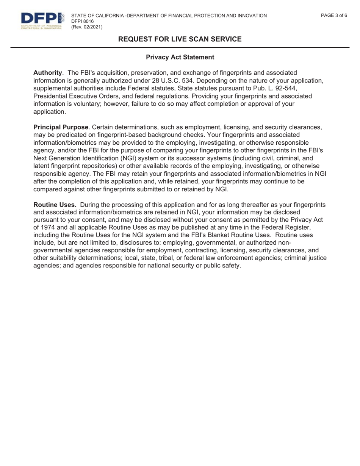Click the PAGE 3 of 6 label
pos(334,16)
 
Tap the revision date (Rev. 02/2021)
pos(86,27)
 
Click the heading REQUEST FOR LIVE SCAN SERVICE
pos(180,39)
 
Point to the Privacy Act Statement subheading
pos(180,57)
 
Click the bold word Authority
pos(47,72)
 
